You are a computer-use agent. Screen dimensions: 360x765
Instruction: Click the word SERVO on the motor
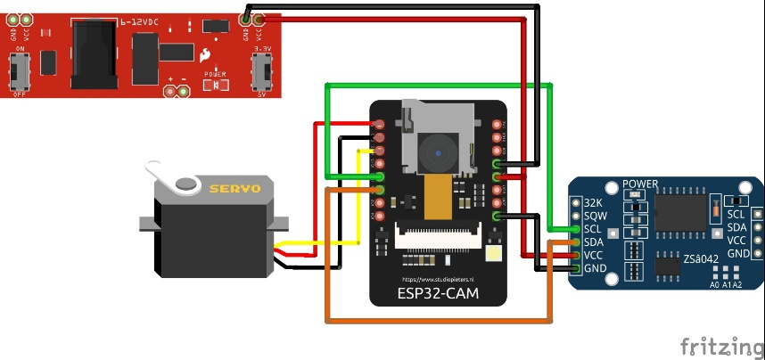[x=234, y=189]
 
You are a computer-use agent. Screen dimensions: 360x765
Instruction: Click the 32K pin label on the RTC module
[x=592, y=203]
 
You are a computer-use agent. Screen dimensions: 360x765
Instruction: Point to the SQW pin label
[x=593, y=216]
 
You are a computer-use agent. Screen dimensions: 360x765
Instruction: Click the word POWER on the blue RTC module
[x=639, y=184]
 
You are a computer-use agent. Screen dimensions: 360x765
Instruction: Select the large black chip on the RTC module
[x=680, y=211]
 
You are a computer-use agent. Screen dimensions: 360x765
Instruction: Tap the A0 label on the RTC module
[x=714, y=285]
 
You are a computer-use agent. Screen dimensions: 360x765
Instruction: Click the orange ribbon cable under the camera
[x=437, y=197]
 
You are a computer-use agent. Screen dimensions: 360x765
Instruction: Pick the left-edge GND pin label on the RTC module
[x=594, y=267]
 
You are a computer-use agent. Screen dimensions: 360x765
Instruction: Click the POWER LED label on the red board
[x=215, y=74]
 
